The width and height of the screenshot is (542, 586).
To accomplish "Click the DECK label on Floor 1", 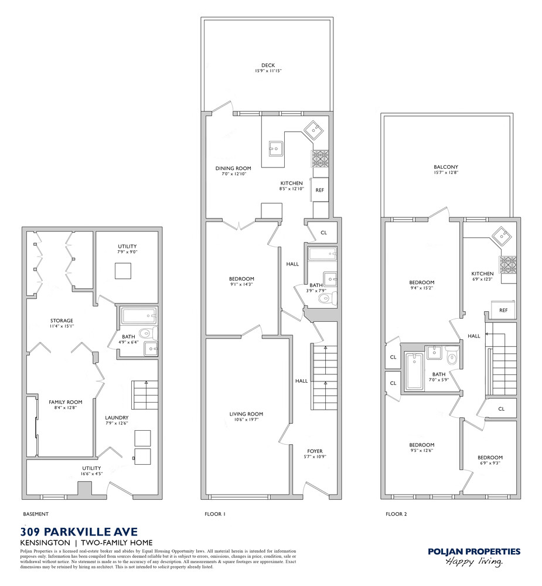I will point(268,66).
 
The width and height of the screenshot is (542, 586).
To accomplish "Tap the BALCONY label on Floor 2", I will point(446,167).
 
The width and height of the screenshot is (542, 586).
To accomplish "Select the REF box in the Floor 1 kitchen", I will point(320,190).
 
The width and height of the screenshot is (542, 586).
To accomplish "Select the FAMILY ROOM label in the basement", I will point(65,402).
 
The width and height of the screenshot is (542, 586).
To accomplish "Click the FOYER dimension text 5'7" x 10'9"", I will point(314,457).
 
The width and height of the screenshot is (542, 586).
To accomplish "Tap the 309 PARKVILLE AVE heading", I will point(79,532).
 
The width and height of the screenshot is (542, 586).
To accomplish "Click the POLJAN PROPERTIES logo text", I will point(473,551).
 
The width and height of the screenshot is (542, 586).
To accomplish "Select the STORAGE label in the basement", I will point(61,320).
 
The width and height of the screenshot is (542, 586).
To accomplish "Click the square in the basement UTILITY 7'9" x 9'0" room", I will point(123,271).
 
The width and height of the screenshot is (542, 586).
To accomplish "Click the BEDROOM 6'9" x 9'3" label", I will point(489,458).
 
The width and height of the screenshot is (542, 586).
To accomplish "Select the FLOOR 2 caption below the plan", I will point(396,514).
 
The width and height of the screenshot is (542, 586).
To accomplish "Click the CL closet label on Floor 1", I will point(323,233).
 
